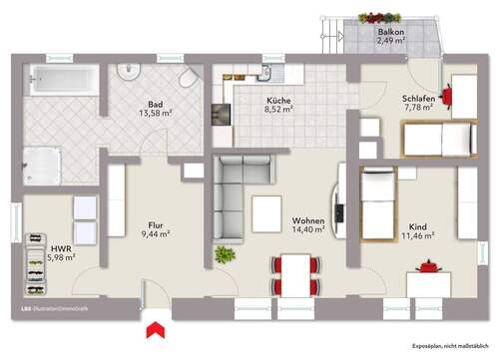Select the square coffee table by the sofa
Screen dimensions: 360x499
[267, 212]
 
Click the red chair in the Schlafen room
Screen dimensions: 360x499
[448, 96]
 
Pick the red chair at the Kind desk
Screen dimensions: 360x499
[430, 270]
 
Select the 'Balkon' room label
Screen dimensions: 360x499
[390, 32]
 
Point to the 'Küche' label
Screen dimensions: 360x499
[277, 102]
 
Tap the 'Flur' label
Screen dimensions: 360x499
[155, 224]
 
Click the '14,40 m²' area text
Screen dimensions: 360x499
[307, 230]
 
